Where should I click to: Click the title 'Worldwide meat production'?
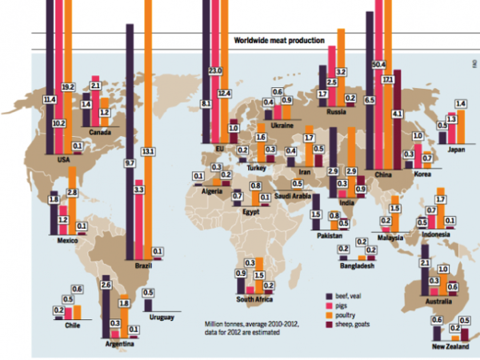(x=278, y=41)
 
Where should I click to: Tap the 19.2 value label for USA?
(x=67, y=86)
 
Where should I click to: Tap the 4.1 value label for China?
(x=397, y=114)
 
